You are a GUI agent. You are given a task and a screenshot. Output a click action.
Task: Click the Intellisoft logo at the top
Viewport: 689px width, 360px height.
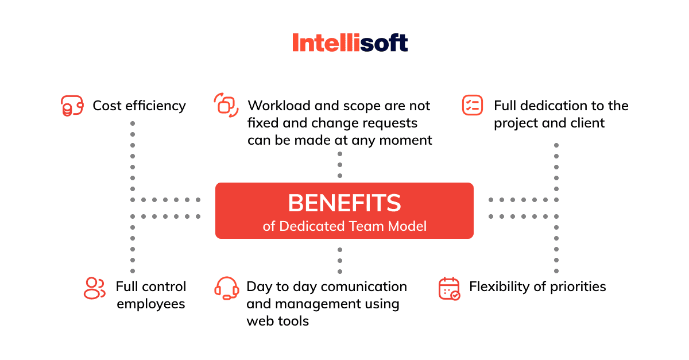(350, 42)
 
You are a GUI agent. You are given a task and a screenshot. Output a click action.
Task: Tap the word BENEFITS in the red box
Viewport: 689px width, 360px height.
(344, 203)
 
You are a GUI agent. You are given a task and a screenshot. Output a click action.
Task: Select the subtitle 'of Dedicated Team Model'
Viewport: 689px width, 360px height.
(344, 226)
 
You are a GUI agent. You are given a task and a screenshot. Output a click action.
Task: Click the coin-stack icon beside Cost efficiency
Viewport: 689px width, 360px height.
(72, 106)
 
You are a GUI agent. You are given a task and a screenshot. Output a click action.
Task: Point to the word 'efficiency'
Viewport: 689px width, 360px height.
(156, 106)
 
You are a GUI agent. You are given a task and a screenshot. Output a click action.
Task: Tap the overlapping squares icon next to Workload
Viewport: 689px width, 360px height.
(226, 105)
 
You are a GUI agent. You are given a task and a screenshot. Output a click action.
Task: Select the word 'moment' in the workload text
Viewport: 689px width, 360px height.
(406, 140)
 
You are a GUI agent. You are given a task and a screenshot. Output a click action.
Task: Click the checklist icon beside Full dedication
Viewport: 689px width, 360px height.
(473, 105)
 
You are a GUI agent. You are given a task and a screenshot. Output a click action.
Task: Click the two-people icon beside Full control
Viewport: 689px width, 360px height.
(94, 288)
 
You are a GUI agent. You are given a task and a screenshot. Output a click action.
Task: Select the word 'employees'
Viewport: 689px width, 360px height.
(150, 304)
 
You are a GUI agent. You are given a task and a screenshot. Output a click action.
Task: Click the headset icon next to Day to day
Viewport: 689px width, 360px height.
(227, 288)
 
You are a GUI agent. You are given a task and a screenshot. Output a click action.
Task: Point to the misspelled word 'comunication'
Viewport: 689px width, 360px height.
(350, 287)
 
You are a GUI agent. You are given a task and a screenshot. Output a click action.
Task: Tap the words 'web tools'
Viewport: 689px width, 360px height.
(278, 321)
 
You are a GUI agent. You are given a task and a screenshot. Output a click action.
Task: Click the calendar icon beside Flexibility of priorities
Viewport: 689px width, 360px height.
(449, 288)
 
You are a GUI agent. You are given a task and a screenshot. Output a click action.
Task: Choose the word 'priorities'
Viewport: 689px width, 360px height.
(578, 287)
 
